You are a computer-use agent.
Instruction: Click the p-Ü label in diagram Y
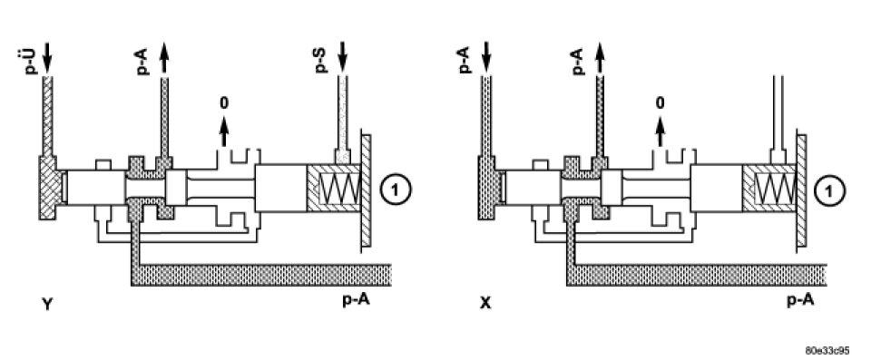tap(34, 61)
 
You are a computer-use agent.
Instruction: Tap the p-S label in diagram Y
tap(321, 61)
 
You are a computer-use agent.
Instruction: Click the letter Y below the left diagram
tap(47, 304)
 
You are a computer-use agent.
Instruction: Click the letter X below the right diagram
tap(484, 304)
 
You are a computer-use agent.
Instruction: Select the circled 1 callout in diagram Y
tap(396, 190)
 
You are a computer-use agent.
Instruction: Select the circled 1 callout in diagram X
tap(830, 190)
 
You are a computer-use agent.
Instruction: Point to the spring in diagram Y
tap(339, 188)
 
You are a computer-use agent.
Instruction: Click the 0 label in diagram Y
tap(224, 102)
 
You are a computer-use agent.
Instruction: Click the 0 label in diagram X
tap(660, 102)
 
